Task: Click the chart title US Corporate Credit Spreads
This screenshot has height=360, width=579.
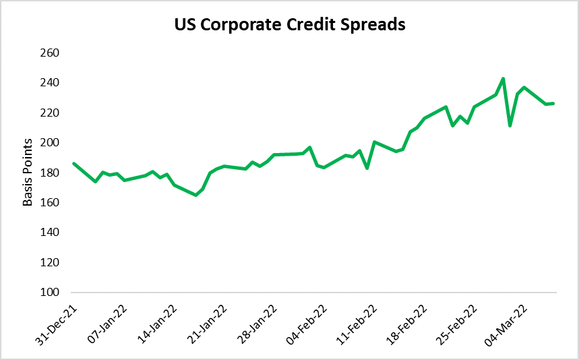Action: pyautogui.click(x=289, y=25)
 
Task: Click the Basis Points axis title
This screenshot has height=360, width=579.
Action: pyautogui.click(x=28, y=173)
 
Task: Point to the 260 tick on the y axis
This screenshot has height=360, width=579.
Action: pyautogui.click(x=51, y=53)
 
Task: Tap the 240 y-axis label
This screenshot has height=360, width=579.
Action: pyautogui.click(x=51, y=83)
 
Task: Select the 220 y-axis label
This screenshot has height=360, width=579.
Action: pyautogui.click(x=51, y=113)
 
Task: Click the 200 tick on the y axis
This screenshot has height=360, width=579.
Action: pyautogui.click(x=51, y=143)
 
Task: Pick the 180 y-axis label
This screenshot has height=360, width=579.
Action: pyautogui.click(x=51, y=173)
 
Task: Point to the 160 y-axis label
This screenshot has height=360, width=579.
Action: pyautogui.click(x=51, y=203)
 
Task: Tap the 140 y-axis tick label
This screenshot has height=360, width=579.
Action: pyautogui.click(x=51, y=233)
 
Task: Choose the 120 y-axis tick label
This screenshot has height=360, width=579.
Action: pyautogui.click(x=51, y=262)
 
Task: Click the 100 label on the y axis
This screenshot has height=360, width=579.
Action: pyautogui.click(x=51, y=293)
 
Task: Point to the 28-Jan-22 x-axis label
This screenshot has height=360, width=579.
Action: pyautogui.click(x=255, y=322)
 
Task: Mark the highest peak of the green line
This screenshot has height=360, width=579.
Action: pyautogui.click(x=503, y=78)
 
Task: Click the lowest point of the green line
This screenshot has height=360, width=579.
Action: pyautogui.click(x=195, y=195)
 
